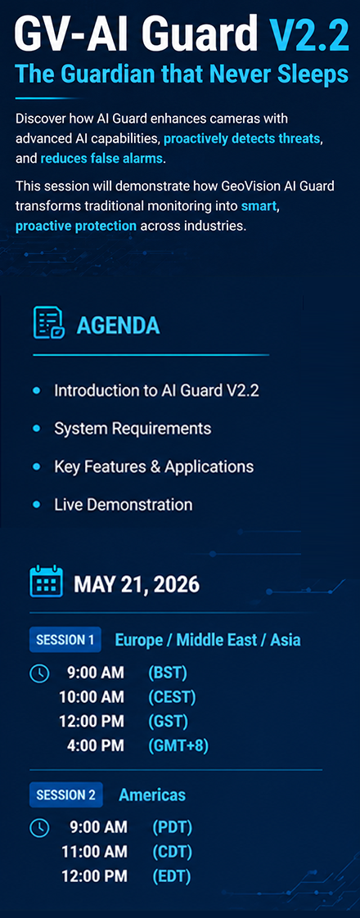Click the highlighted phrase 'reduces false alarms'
[102, 158]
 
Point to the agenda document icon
[49, 322]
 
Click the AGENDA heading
[119, 325]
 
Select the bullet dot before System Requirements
[37, 430]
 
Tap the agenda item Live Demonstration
[123, 503]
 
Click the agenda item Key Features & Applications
[154, 466]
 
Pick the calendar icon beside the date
[47, 582]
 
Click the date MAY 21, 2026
[137, 584]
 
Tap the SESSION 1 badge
[65, 640]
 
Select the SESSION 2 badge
[66, 794]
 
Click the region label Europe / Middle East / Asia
[208, 640]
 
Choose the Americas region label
[152, 794]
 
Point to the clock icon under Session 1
[38, 674]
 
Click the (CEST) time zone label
[172, 697]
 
